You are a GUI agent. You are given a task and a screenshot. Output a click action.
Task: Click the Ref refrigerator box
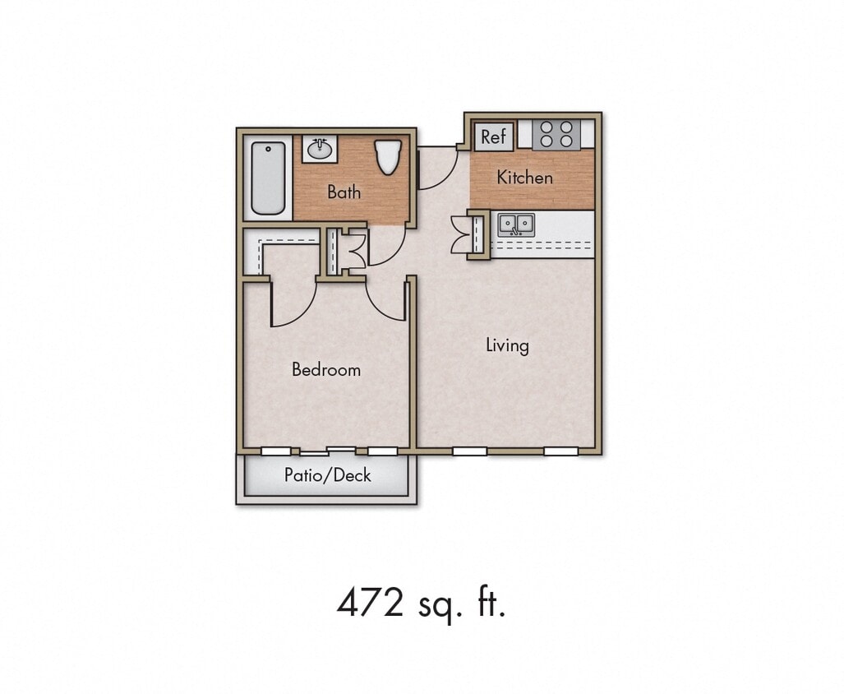tap(494, 136)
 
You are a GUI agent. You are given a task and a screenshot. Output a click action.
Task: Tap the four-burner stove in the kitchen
tap(556, 135)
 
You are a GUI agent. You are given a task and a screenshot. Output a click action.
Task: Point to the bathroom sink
tap(319, 150)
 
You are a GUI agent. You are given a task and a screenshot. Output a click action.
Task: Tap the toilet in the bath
tap(387, 156)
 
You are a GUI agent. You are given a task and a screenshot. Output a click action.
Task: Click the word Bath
tap(344, 192)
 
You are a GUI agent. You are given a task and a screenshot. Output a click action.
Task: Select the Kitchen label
tap(524, 177)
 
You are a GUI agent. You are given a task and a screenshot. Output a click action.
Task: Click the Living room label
tap(507, 345)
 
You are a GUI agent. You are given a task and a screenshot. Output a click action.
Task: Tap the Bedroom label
tap(326, 370)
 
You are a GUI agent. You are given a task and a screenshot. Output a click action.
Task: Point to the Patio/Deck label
tap(327, 475)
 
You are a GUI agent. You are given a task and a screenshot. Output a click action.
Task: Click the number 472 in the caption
tap(370, 604)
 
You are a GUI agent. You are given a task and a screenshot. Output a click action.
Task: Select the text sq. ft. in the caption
tap(464, 605)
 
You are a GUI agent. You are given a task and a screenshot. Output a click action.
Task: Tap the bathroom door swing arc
tap(386, 247)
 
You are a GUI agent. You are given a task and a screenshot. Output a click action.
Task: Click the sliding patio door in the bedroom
tap(327, 451)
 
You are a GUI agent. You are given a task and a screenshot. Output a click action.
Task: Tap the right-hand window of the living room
tap(560, 451)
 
